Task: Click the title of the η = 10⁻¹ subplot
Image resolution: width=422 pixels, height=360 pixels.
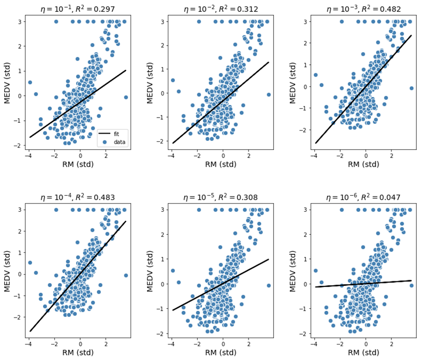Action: point(78,9)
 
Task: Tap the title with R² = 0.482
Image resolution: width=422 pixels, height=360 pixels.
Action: point(363,9)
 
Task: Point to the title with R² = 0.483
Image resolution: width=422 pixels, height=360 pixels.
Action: point(78,197)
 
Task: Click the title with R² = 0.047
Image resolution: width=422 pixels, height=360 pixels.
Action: point(363,197)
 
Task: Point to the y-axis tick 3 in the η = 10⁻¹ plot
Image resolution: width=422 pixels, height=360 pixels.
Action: point(19,22)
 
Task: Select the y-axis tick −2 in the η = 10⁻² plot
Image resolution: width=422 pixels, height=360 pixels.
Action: point(162,141)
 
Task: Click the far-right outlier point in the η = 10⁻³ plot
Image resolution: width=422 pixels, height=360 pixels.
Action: point(412,88)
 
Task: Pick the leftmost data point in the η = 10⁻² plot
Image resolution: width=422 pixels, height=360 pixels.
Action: point(172,80)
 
